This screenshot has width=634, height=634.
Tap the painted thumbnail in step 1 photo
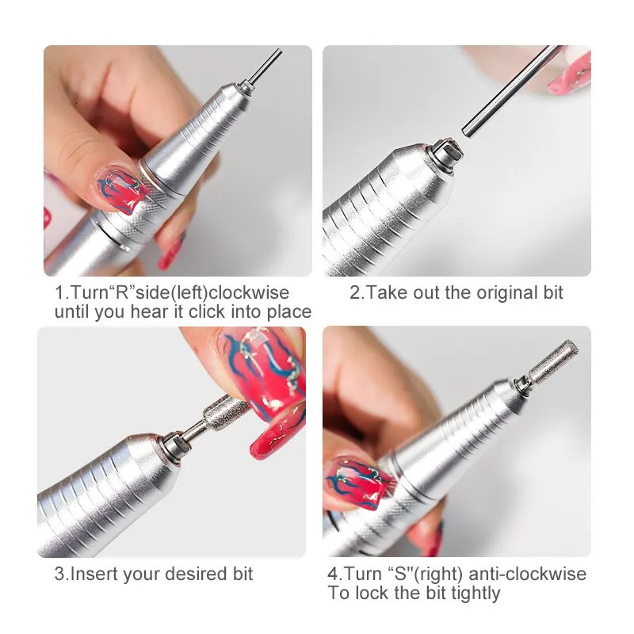pos(119,190)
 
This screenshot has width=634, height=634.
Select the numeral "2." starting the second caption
pos(357,292)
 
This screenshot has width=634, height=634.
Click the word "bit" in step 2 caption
pos(552,292)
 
